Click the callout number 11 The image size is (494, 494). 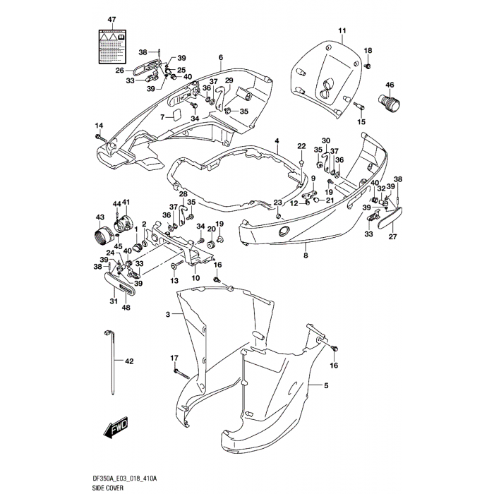click(342, 30)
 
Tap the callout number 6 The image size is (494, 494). click(220, 57)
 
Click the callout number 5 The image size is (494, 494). click(326, 385)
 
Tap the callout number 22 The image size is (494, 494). click(301, 146)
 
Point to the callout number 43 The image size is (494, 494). click(100, 217)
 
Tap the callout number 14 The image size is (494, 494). click(99, 126)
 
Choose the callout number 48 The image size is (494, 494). click(126, 307)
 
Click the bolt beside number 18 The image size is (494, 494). click(368, 66)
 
